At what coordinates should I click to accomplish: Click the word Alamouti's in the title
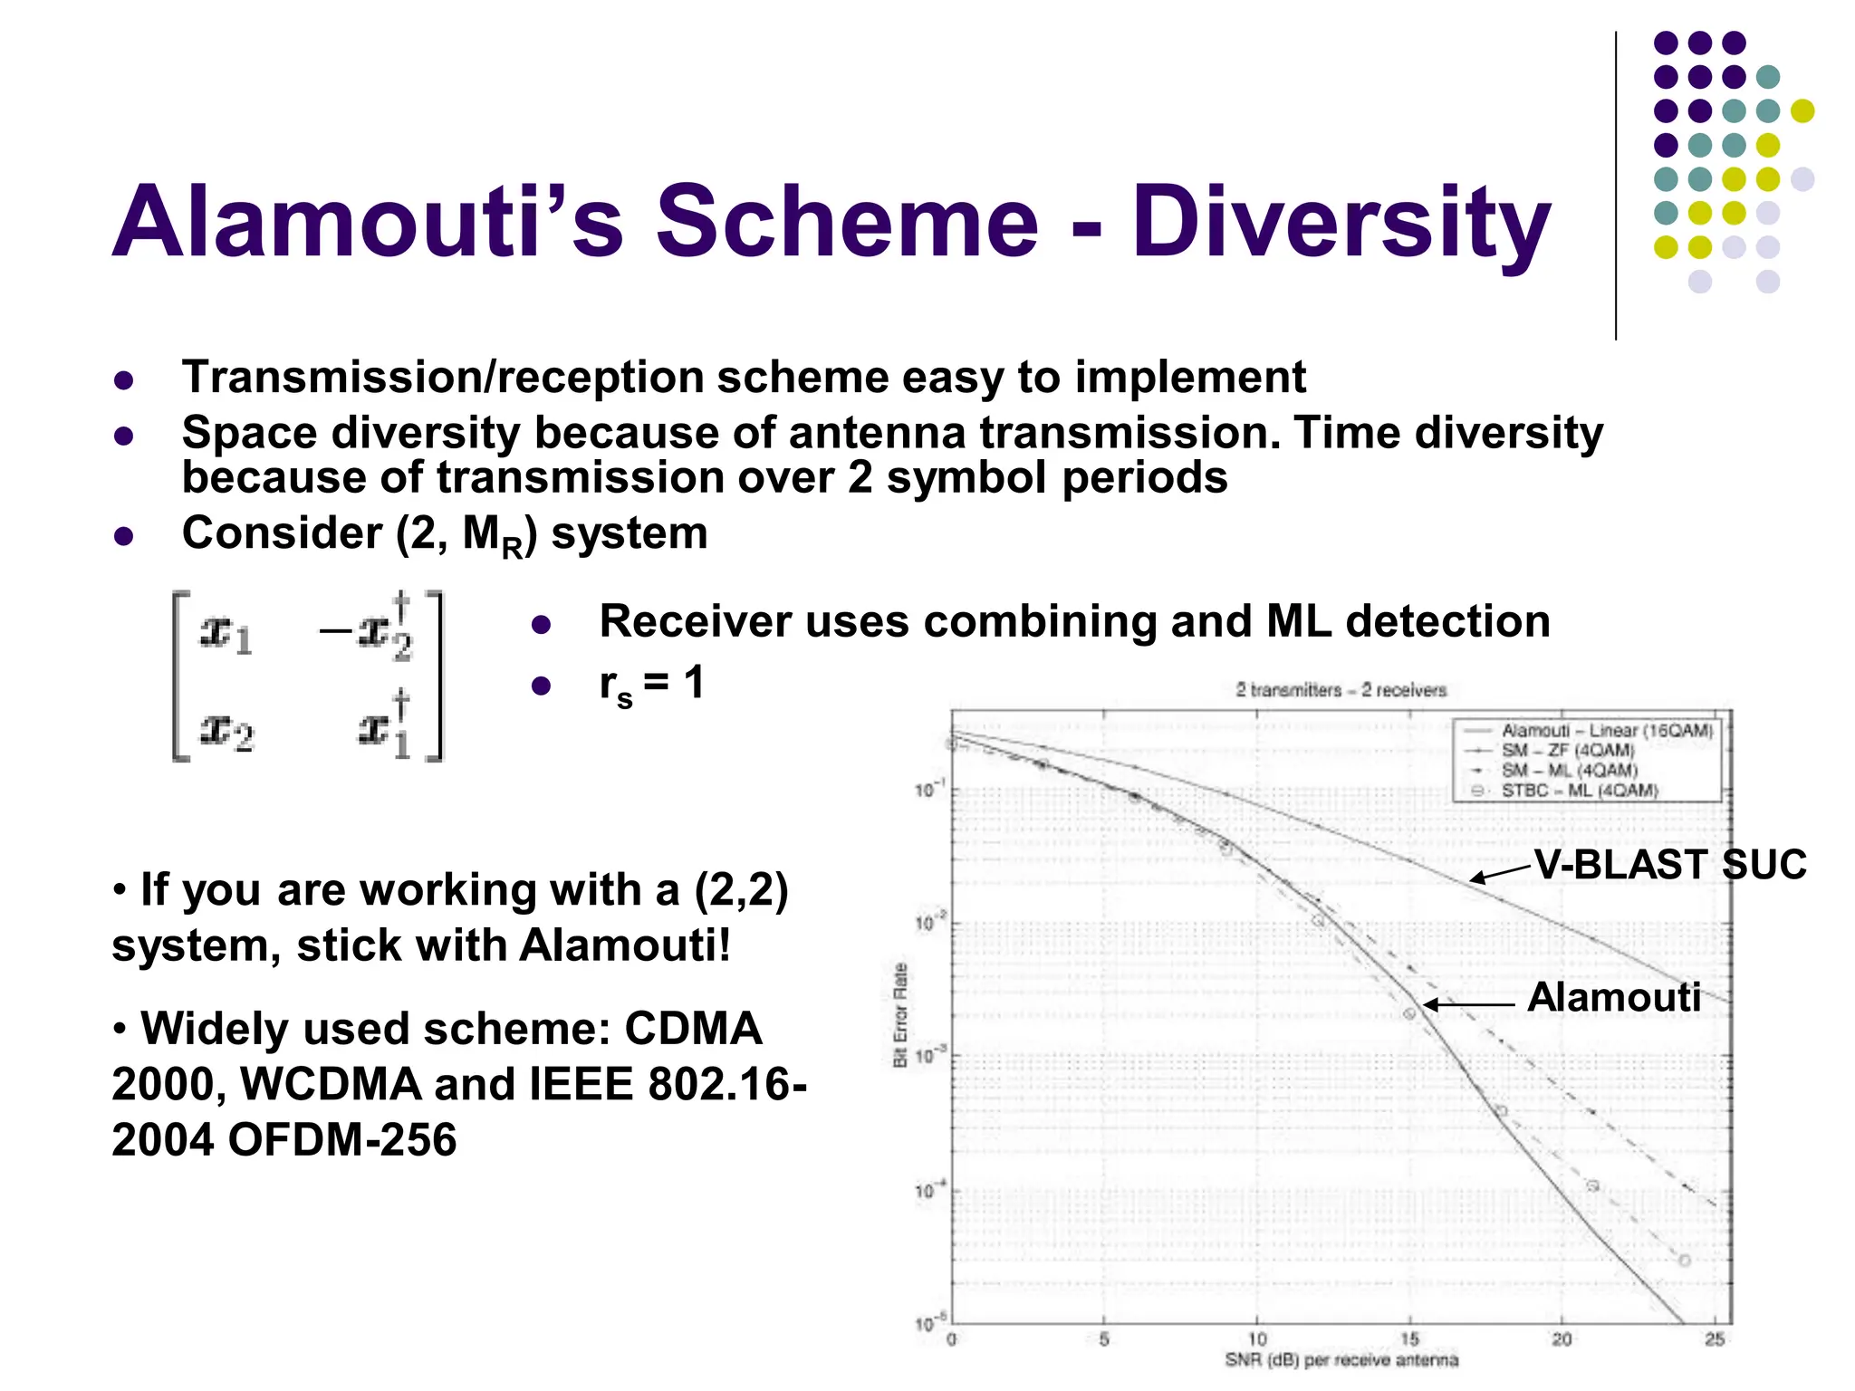tap(367, 222)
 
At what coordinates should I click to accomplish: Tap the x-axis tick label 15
tap(1409, 1338)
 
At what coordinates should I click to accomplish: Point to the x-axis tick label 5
tap(1104, 1338)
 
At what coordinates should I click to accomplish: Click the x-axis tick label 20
tap(1562, 1338)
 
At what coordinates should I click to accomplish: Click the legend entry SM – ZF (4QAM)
tap(1568, 751)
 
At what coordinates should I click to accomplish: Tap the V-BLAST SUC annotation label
tap(1670, 864)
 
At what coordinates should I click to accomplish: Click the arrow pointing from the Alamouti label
tap(1467, 1004)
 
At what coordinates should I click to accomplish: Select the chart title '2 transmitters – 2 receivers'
tap(1341, 690)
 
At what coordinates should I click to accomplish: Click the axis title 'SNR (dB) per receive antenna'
tap(1341, 1360)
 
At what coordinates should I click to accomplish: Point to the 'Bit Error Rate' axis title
tap(900, 1014)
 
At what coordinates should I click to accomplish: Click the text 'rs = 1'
tap(650, 684)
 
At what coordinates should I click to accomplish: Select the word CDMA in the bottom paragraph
tap(693, 1029)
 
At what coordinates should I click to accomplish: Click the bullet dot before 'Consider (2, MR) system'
tap(124, 536)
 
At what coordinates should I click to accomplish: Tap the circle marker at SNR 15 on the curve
tap(1409, 1013)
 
